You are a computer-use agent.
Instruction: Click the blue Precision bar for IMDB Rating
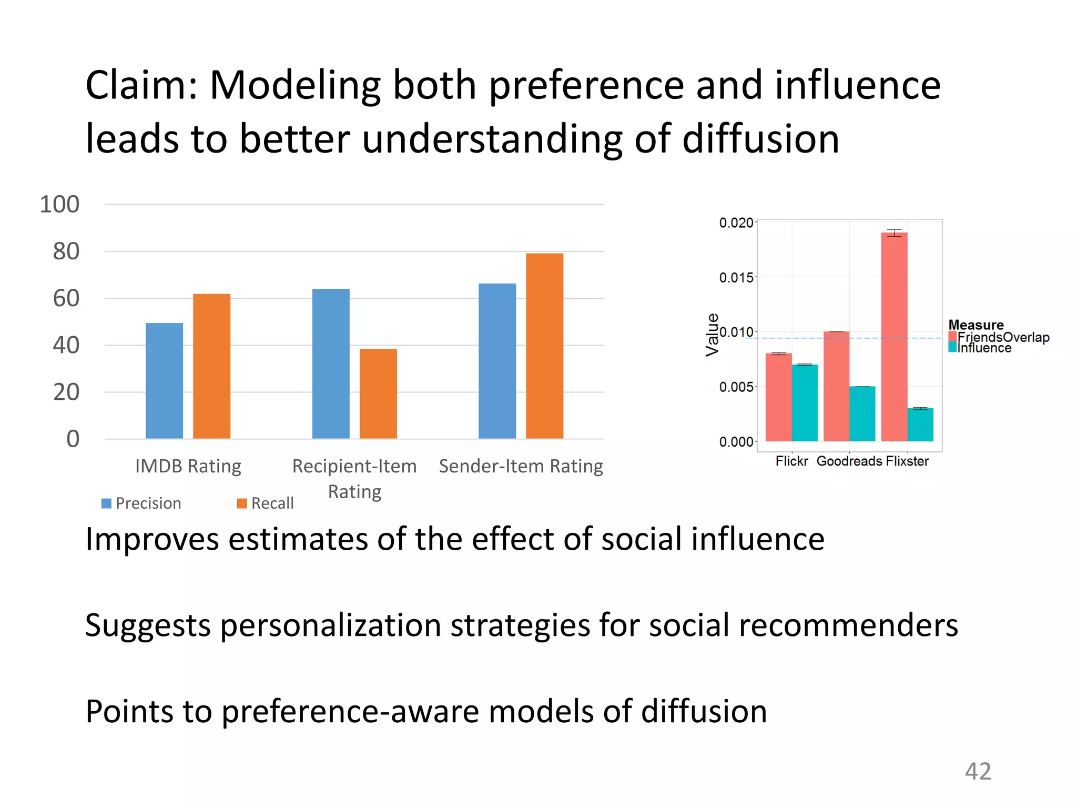(164, 380)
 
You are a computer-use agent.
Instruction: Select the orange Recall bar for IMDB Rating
(211, 366)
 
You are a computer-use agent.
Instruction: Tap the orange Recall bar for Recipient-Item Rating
(378, 393)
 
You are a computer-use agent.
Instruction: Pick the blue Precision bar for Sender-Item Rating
(497, 361)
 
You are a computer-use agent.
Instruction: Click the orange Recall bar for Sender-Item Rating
(544, 346)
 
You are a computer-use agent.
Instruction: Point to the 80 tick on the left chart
(66, 251)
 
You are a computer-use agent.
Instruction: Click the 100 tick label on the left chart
(59, 204)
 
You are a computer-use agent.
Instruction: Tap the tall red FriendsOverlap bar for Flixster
(894, 337)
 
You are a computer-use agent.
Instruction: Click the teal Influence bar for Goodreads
(862, 413)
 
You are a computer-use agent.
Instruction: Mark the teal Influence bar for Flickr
(805, 402)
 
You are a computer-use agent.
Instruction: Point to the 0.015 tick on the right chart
(736, 277)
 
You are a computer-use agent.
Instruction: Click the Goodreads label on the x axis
(849, 461)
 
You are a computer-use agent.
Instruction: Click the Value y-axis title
(712, 335)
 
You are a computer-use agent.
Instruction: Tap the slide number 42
(978, 771)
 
